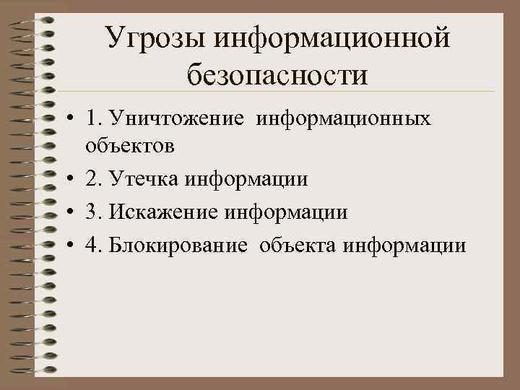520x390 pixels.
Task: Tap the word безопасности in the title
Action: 277,75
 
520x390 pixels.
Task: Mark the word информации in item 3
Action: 287,212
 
